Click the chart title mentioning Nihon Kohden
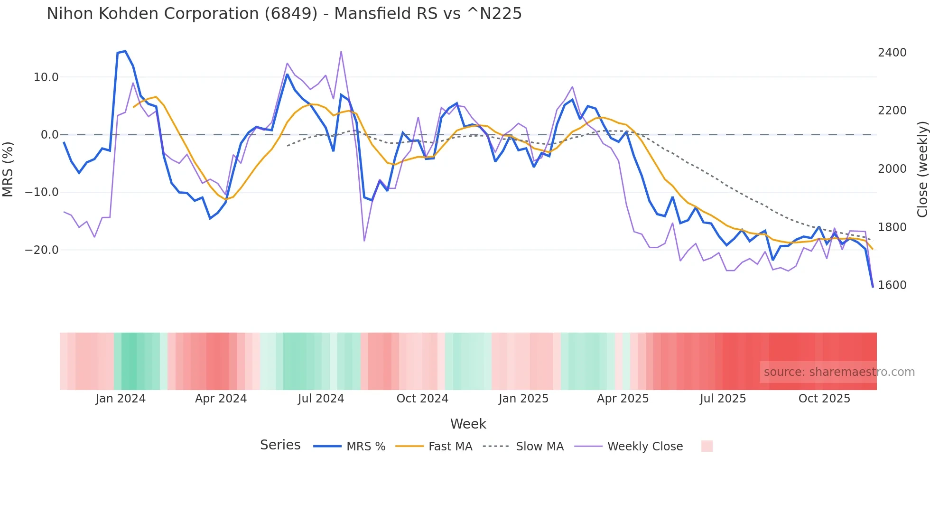(284, 14)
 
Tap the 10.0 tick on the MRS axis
(46, 77)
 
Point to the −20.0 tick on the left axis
(42, 250)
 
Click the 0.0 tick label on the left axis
(49, 135)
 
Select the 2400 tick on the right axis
(892, 53)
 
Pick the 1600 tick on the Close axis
(892, 285)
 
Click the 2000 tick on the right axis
(892, 169)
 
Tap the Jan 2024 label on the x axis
(121, 399)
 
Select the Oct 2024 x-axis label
(422, 399)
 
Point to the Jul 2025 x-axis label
(723, 399)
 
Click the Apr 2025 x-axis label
(623, 399)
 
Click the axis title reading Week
(468, 424)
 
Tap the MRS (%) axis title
(8, 169)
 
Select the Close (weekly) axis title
(922, 169)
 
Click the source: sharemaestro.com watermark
(839, 372)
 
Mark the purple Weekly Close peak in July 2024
(341, 52)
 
